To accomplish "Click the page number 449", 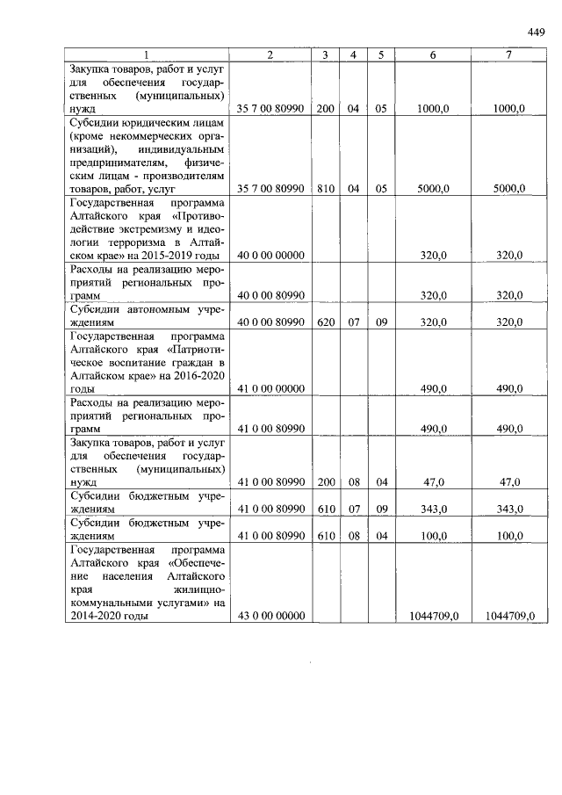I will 536,33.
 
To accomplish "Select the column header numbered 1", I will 146,54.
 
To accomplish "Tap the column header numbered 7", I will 509,54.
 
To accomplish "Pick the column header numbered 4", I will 353,54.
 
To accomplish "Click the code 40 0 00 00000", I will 270,256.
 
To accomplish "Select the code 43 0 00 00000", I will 270,617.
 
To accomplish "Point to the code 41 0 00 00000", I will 270,389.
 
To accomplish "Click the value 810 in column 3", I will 325,189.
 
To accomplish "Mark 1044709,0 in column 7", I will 509,617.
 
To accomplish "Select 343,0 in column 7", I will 509,510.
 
